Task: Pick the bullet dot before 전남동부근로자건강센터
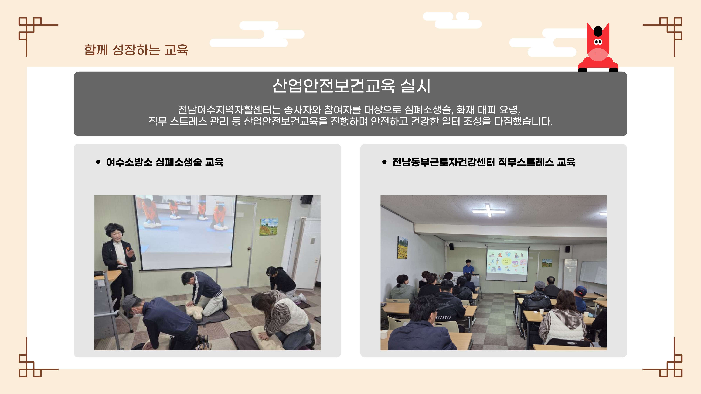pyautogui.click(x=384, y=162)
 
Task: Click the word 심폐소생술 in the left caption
pyautogui.click(x=179, y=162)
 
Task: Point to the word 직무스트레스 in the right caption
pyautogui.click(x=526, y=162)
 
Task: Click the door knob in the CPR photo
pyautogui.click(x=249, y=248)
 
